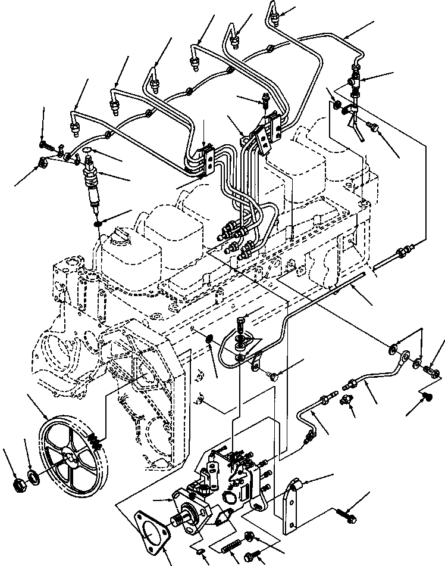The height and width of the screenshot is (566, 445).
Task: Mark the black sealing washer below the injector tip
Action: click(x=99, y=224)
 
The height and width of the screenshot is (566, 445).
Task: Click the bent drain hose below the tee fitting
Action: click(x=355, y=125)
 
